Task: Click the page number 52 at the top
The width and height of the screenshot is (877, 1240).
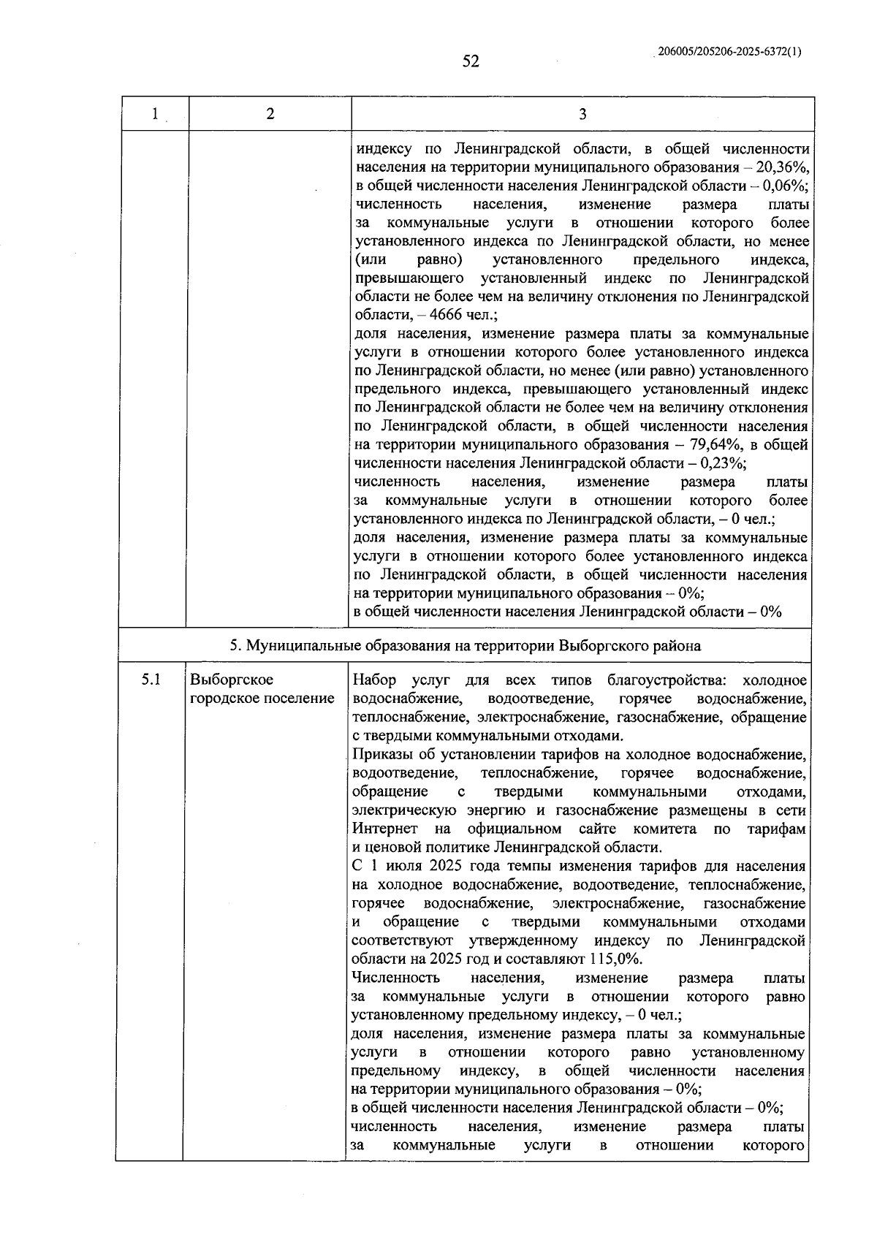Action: [471, 61]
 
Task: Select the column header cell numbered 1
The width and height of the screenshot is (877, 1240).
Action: [154, 114]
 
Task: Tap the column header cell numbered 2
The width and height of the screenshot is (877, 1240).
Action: [270, 114]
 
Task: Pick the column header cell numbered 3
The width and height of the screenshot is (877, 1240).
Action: [582, 114]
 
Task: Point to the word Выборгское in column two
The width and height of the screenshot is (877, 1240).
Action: [232, 680]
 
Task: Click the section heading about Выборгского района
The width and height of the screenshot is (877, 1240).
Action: [465, 646]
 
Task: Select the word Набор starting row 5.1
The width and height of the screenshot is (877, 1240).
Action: [374, 680]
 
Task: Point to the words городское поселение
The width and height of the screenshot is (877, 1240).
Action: [262, 699]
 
